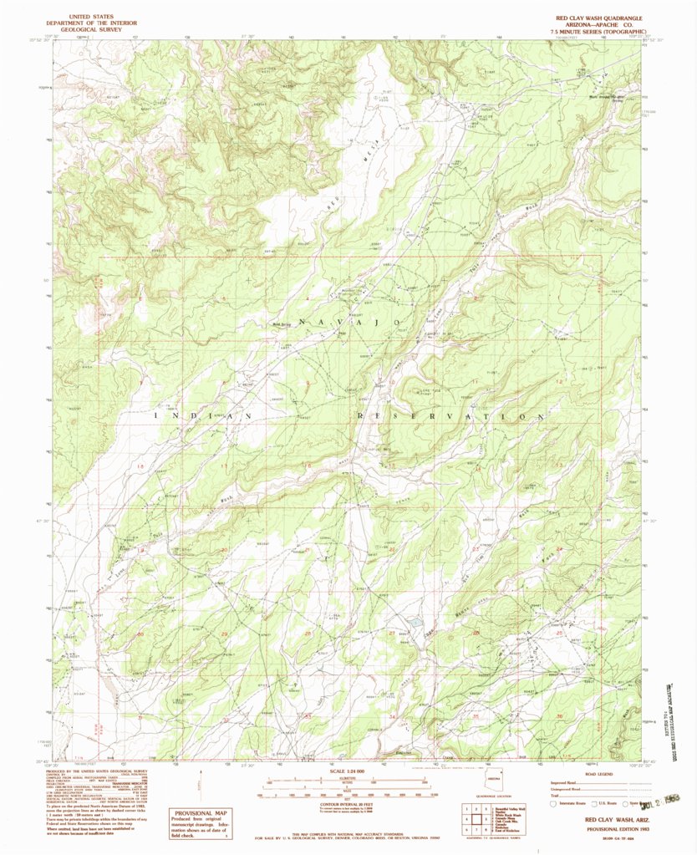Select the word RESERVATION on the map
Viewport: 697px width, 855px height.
pos(453,415)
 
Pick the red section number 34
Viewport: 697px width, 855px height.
pos(392,717)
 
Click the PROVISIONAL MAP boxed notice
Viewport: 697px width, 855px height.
pos(199,822)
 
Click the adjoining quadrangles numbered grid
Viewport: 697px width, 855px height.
pos(476,815)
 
